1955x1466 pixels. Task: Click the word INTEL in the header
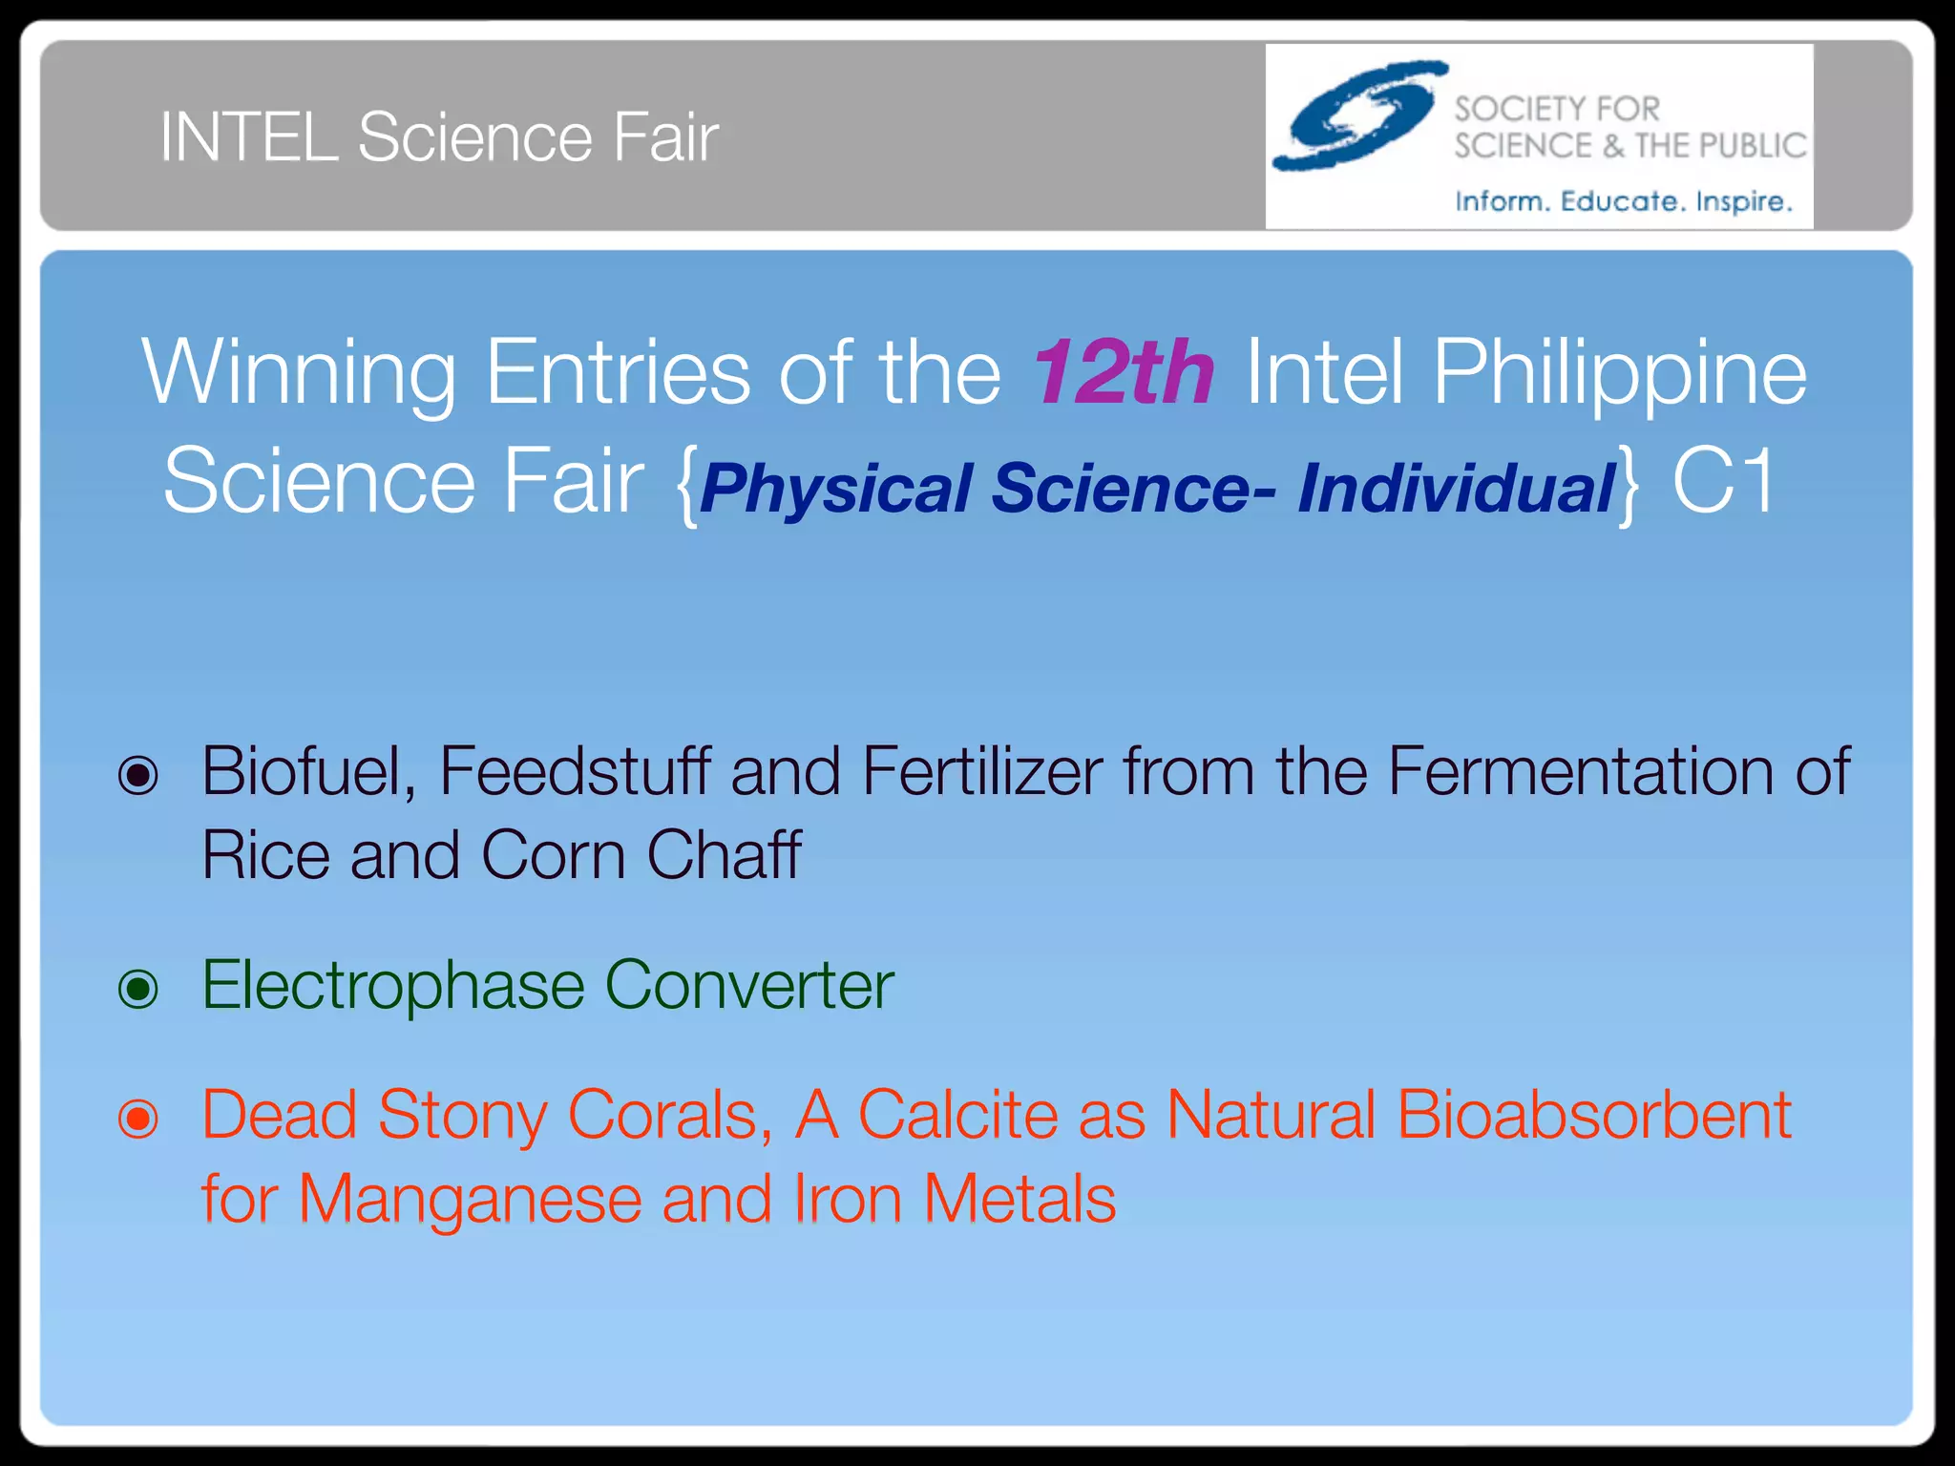coord(248,138)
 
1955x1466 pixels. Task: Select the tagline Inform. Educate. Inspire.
coord(1623,201)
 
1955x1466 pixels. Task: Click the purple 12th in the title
coord(1124,372)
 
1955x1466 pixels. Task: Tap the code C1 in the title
coord(1723,482)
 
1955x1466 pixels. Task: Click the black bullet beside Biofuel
coord(138,775)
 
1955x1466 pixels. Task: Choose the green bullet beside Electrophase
coord(138,989)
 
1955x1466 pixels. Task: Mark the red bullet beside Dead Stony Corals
coord(138,1118)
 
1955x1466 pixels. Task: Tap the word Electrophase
coord(392,986)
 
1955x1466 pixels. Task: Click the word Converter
coord(749,986)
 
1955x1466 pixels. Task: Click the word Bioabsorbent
coord(1593,1115)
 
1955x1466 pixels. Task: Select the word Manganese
coord(470,1200)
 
